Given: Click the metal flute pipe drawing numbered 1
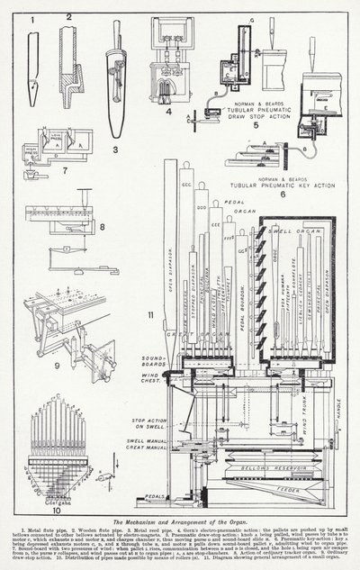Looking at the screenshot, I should pos(33,68).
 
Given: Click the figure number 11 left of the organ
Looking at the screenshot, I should pos(150,312).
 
